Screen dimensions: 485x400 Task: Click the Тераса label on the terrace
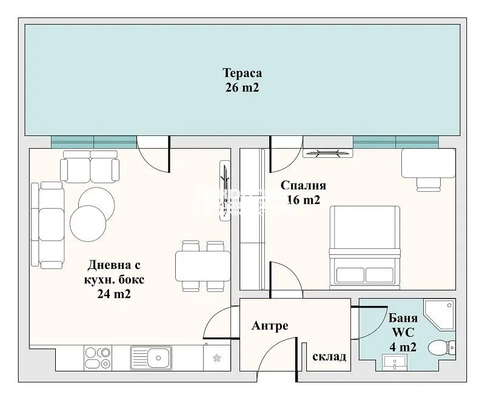point(242,73)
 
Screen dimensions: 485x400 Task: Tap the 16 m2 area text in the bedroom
point(304,200)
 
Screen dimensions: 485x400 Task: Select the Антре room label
point(270,326)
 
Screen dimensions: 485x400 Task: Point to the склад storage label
point(329,357)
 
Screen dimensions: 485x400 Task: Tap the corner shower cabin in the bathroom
point(440,314)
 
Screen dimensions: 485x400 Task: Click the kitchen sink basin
point(151,358)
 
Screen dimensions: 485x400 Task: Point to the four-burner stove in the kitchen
point(98,358)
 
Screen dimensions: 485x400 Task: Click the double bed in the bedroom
point(365,246)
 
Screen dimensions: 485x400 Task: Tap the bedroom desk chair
point(428,185)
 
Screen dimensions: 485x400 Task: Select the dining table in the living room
point(203,266)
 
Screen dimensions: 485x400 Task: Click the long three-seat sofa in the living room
point(48,225)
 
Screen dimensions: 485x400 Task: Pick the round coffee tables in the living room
point(92,214)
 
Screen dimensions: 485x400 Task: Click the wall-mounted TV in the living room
point(225,191)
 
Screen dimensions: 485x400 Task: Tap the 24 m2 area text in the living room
point(114,294)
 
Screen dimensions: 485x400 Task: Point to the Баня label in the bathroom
point(403,318)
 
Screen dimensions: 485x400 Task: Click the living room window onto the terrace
point(94,142)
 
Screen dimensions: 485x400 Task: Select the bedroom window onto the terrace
point(396,142)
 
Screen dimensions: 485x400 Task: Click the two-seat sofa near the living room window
point(90,166)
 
